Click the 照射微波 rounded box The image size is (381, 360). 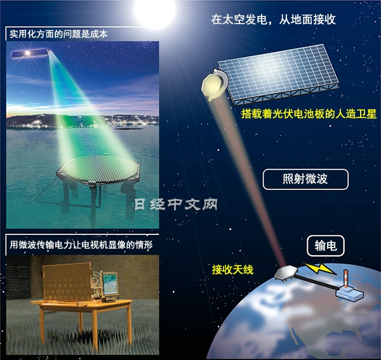click(305, 179)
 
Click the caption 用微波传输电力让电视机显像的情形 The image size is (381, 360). click(80, 243)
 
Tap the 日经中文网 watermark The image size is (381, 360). click(177, 204)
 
